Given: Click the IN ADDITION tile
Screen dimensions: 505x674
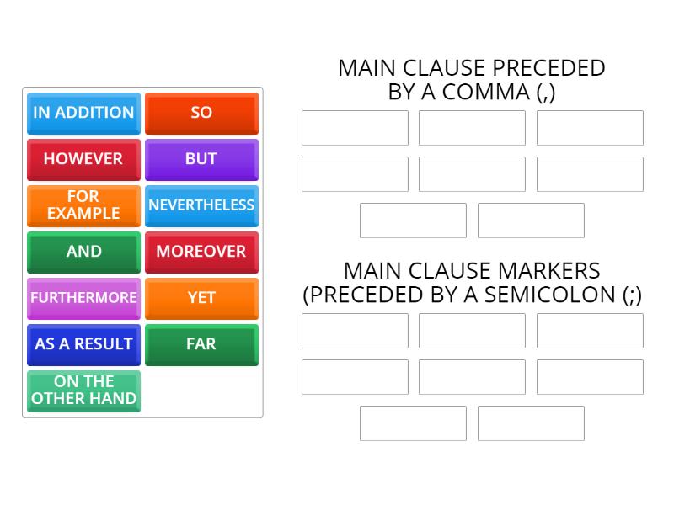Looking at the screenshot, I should coord(83,113).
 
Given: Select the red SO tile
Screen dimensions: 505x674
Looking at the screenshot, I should coord(201,113).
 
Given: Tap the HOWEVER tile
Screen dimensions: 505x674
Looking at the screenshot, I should coord(83,159).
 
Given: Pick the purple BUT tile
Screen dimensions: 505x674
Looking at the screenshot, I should coord(201,159).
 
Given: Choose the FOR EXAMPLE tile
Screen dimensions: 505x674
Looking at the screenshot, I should coord(83,205).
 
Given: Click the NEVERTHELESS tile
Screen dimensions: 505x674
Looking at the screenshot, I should coord(201,205).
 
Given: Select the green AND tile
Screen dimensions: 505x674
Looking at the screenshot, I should coord(83,252).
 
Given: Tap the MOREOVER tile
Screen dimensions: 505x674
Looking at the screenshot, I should coord(201,252).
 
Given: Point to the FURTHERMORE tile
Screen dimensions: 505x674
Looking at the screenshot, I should coord(83,298).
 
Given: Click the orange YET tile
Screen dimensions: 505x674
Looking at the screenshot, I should coord(201,298).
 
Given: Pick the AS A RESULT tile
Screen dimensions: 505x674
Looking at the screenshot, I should coord(83,344).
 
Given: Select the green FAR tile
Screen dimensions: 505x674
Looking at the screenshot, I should coord(201,344).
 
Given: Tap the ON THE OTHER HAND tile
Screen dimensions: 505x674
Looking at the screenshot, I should coord(83,391).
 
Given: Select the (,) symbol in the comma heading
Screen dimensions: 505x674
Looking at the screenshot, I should coord(546,93).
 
